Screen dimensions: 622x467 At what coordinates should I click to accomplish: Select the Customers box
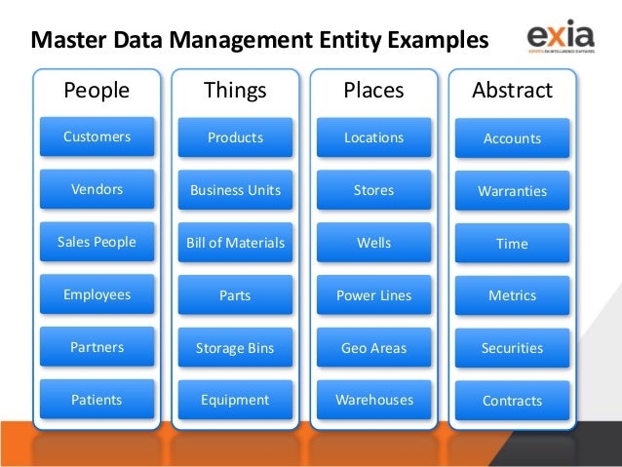point(97,137)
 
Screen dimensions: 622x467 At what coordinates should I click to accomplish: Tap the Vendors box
point(97,189)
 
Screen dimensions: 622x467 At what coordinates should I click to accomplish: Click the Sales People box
point(97,242)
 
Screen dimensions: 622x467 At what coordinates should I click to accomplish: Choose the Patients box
point(97,400)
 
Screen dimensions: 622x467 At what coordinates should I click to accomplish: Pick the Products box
point(235,137)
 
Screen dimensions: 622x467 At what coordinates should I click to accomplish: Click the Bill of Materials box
point(235,243)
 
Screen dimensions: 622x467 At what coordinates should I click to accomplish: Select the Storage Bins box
point(235,348)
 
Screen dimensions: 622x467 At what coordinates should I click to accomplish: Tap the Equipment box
point(235,400)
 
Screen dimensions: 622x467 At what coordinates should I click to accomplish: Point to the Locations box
point(373,137)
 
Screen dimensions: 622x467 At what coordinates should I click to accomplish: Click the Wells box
point(373,243)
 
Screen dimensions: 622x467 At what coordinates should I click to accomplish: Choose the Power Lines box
point(373,295)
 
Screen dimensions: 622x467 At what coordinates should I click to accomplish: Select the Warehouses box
point(373,400)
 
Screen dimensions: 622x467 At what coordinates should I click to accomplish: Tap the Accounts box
point(512,138)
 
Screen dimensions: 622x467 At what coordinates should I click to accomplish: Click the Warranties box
point(512,191)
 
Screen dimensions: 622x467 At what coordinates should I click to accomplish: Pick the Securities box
point(512,348)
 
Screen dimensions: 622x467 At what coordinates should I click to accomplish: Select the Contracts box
point(512,401)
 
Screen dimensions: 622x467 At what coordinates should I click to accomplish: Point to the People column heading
point(97,91)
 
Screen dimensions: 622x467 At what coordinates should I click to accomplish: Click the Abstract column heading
point(512,91)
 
